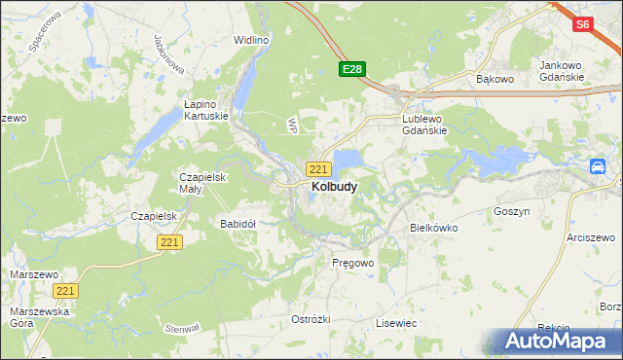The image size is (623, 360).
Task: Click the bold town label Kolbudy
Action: click(333, 186)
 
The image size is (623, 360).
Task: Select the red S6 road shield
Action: click(582, 25)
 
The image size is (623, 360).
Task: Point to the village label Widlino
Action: click(250, 40)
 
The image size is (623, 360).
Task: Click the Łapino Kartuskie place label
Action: click(205, 109)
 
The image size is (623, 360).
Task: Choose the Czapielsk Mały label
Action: click(202, 183)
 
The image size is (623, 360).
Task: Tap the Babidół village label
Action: click(238, 223)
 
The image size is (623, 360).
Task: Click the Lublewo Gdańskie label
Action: click(423, 126)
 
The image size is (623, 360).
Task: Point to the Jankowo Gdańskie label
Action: click(561, 71)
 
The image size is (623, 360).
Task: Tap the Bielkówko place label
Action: click(433, 227)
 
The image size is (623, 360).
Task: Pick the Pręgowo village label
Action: click(352, 264)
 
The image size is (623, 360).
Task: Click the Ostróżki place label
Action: click(311, 319)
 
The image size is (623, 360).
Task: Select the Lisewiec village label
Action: click(396, 322)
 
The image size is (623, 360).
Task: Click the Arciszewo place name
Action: click(593, 237)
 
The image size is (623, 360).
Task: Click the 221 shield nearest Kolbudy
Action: click(318, 169)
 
